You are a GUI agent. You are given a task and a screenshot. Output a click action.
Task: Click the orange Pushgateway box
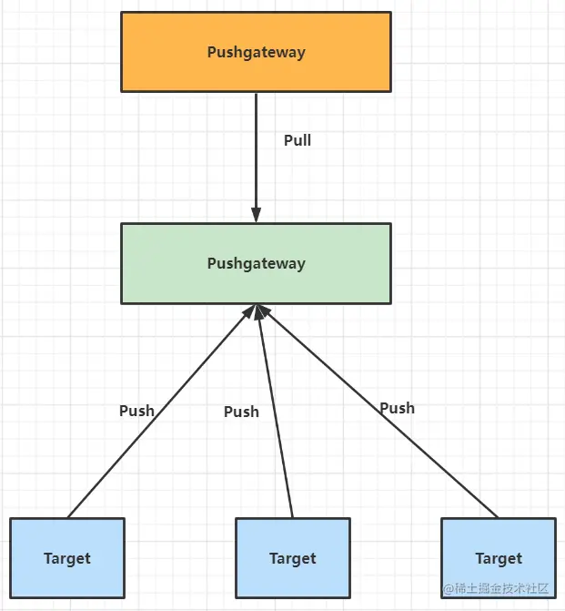[x=256, y=52]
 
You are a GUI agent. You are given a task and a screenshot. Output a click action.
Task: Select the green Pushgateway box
[x=256, y=263]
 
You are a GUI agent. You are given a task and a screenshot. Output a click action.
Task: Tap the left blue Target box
[x=67, y=558]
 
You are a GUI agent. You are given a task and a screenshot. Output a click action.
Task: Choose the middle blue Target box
[x=293, y=558]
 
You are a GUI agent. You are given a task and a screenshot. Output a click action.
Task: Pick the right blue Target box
[x=499, y=558]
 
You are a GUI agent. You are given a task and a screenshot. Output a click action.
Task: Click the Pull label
[x=298, y=140]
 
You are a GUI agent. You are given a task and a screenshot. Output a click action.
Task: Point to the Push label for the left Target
[x=136, y=411]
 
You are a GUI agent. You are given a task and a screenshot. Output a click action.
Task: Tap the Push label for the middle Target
[x=241, y=412]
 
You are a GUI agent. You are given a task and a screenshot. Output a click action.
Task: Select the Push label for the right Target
[x=398, y=408]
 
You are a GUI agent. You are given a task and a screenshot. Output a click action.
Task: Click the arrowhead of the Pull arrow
[x=256, y=215]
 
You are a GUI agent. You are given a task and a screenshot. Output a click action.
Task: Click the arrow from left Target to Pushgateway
[x=161, y=411]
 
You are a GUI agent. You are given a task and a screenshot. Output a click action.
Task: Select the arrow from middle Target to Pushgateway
[x=275, y=411]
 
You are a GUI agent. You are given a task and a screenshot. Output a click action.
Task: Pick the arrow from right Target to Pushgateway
[x=377, y=411]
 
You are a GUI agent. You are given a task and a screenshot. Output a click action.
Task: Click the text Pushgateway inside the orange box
[x=256, y=53]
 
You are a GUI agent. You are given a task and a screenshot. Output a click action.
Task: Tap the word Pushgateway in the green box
[x=256, y=264]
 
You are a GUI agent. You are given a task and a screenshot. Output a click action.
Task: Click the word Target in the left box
[x=67, y=559]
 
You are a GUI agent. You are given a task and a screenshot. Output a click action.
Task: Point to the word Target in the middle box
[x=293, y=559]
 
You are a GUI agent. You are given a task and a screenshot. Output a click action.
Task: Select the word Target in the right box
[x=499, y=559]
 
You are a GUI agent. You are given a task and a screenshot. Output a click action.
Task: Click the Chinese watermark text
[x=496, y=588]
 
